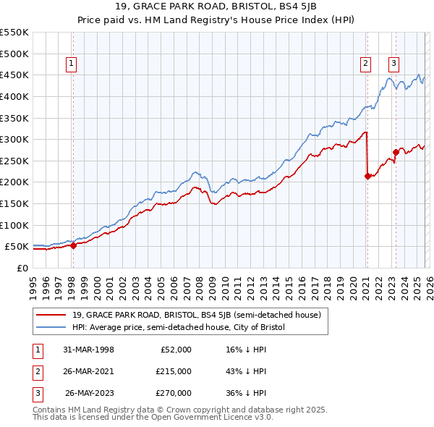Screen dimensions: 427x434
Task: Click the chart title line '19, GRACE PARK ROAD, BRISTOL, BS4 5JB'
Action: [216, 8]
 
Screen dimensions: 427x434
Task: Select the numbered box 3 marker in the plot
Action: [393, 63]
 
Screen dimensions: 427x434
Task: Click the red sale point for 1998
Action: [73, 245]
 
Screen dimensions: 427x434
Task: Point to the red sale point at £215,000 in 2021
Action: [367, 175]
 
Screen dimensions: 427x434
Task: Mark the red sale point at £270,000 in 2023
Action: [396, 152]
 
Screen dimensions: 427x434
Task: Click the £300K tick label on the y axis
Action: [14, 139]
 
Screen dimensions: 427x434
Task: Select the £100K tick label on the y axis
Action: [14, 225]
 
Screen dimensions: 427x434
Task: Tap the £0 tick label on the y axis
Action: [22, 268]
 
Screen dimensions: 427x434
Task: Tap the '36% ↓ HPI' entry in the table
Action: [246, 394]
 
